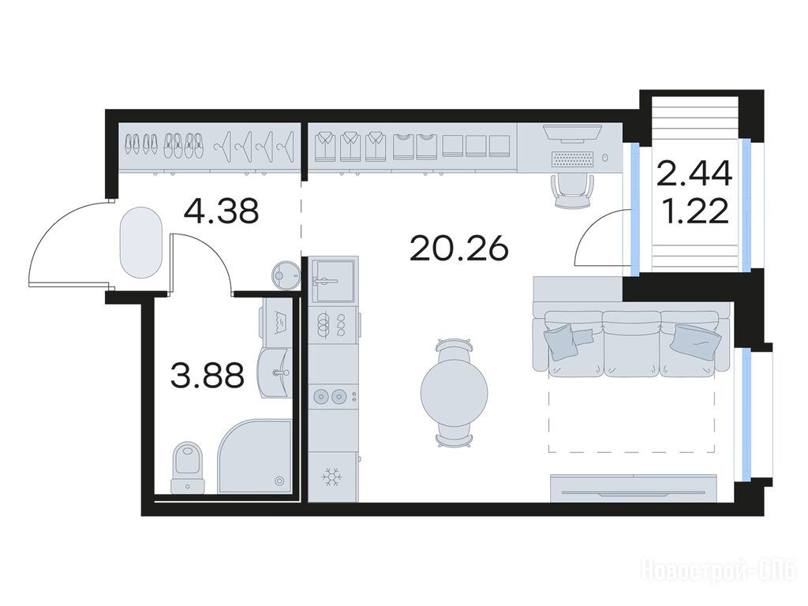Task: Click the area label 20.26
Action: pyautogui.click(x=459, y=249)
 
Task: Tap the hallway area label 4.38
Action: pyautogui.click(x=221, y=211)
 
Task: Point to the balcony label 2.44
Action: pyautogui.click(x=694, y=173)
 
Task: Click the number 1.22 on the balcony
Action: pyautogui.click(x=696, y=211)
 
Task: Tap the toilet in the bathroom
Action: pyautogui.click(x=188, y=467)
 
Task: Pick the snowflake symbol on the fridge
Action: pyautogui.click(x=332, y=477)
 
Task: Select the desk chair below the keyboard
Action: pyautogui.click(x=572, y=190)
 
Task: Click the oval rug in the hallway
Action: pyautogui.click(x=140, y=242)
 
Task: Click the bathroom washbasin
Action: pyautogui.click(x=276, y=372)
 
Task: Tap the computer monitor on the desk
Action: pyautogui.click(x=572, y=133)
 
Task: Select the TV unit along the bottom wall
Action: pyautogui.click(x=634, y=488)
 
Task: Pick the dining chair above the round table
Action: pyautogui.click(x=454, y=349)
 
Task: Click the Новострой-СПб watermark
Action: pyautogui.click(x=718, y=571)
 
